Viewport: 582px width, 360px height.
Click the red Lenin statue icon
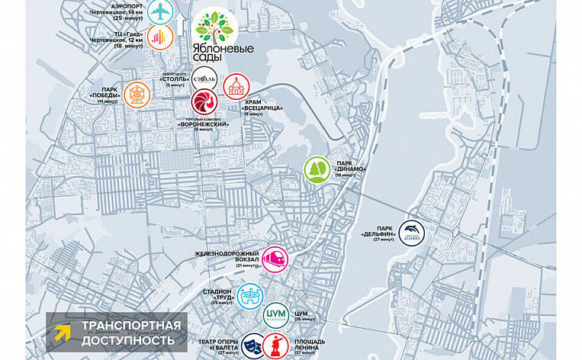point(276,344)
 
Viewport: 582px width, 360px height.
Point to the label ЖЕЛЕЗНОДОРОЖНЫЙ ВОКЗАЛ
point(232,257)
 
